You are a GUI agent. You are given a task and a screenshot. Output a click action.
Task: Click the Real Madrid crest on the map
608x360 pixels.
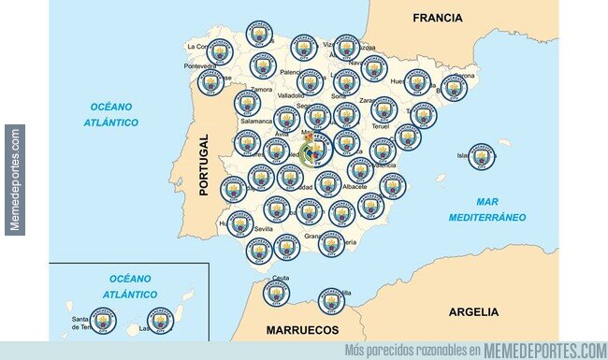click(x=315, y=149)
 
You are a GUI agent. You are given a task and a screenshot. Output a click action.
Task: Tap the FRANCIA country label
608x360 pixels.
click(x=437, y=17)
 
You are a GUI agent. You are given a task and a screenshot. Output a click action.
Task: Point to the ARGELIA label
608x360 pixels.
click(x=473, y=312)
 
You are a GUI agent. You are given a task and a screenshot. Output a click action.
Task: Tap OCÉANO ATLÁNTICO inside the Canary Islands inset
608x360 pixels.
click(x=130, y=286)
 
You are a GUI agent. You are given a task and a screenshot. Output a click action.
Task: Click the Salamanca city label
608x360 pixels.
click(x=255, y=122)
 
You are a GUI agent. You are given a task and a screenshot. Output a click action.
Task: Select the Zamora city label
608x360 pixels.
click(x=261, y=90)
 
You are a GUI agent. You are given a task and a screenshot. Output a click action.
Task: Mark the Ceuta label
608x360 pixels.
click(x=281, y=279)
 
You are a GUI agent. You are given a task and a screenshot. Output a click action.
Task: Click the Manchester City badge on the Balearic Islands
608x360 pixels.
click(x=481, y=156)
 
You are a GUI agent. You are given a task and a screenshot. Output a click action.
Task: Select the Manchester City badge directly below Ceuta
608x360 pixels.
click(x=276, y=293)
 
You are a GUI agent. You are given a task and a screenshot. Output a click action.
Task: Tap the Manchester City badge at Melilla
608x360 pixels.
click(x=331, y=300)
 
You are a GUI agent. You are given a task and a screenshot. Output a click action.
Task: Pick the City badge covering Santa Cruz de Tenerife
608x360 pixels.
click(x=102, y=321)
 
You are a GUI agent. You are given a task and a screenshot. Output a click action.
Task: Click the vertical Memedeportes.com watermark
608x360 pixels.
click(x=14, y=179)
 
